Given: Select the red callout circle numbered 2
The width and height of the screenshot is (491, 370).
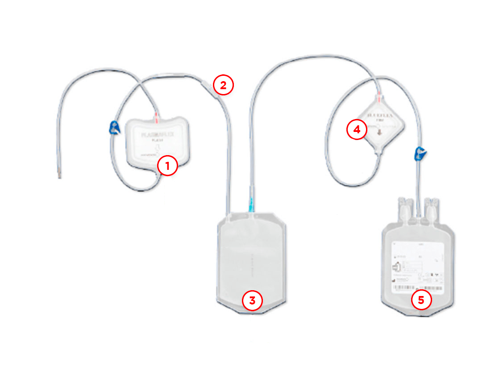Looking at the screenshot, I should pyautogui.click(x=223, y=85).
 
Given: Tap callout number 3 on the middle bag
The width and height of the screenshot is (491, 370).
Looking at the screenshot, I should pyautogui.click(x=252, y=300).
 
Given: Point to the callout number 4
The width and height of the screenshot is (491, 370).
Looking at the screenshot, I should pyautogui.click(x=357, y=130).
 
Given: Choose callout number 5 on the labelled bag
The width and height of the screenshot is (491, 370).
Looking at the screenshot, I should pyautogui.click(x=421, y=300).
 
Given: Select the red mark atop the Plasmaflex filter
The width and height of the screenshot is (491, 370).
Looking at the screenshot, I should pyautogui.click(x=156, y=117).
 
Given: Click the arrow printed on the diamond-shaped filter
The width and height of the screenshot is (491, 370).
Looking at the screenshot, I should pyautogui.click(x=379, y=132).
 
